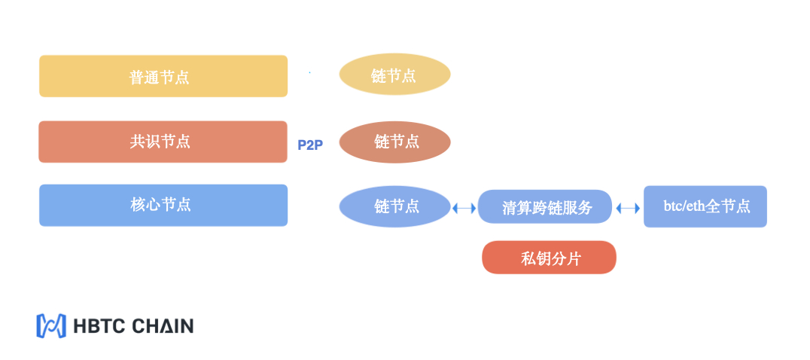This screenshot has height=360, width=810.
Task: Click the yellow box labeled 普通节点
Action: pyautogui.click(x=163, y=76)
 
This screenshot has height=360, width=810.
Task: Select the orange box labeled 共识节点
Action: pyautogui.click(x=163, y=142)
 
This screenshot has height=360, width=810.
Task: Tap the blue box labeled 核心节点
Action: pyautogui.click(x=163, y=205)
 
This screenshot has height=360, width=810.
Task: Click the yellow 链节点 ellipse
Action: pyautogui.click(x=394, y=75)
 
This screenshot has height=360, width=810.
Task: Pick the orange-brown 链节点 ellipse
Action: pyautogui.click(x=394, y=142)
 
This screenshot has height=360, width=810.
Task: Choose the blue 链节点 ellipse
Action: pyautogui.click(x=394, y=206)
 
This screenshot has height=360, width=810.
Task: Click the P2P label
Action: pyautogui.click(x=310, y=145)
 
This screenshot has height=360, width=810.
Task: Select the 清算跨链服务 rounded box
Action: pyautogui.click(x=545, y=206)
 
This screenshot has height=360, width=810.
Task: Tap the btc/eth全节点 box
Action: pyautogui.click(x=705, y=206)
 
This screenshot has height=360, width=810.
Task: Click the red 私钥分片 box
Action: pyautogui.click(x=549, y=258)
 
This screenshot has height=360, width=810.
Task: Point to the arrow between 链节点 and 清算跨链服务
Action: pyautogui.click(x=464, y=208)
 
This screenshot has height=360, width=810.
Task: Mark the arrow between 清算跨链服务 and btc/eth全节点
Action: pyautogui.click(x=628, y=208)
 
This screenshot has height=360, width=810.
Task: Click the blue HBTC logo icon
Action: pyautogui.click(x=51, y=326)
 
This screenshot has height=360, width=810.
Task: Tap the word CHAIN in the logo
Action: pyautogui.click(x=163, y=326)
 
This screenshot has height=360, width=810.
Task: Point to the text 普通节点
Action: pyautogui.click(x=159, y=77)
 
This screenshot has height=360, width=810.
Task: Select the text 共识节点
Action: pyautogui.click(x=160, y=141)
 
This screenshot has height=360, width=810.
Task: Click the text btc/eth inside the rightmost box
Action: pyautogui.click(x=684, y=206)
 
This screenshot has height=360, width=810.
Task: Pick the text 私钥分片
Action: pyautogui.click(x=551, y=258)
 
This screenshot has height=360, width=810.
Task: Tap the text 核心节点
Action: pyautogui.click(x=160, y=205)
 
